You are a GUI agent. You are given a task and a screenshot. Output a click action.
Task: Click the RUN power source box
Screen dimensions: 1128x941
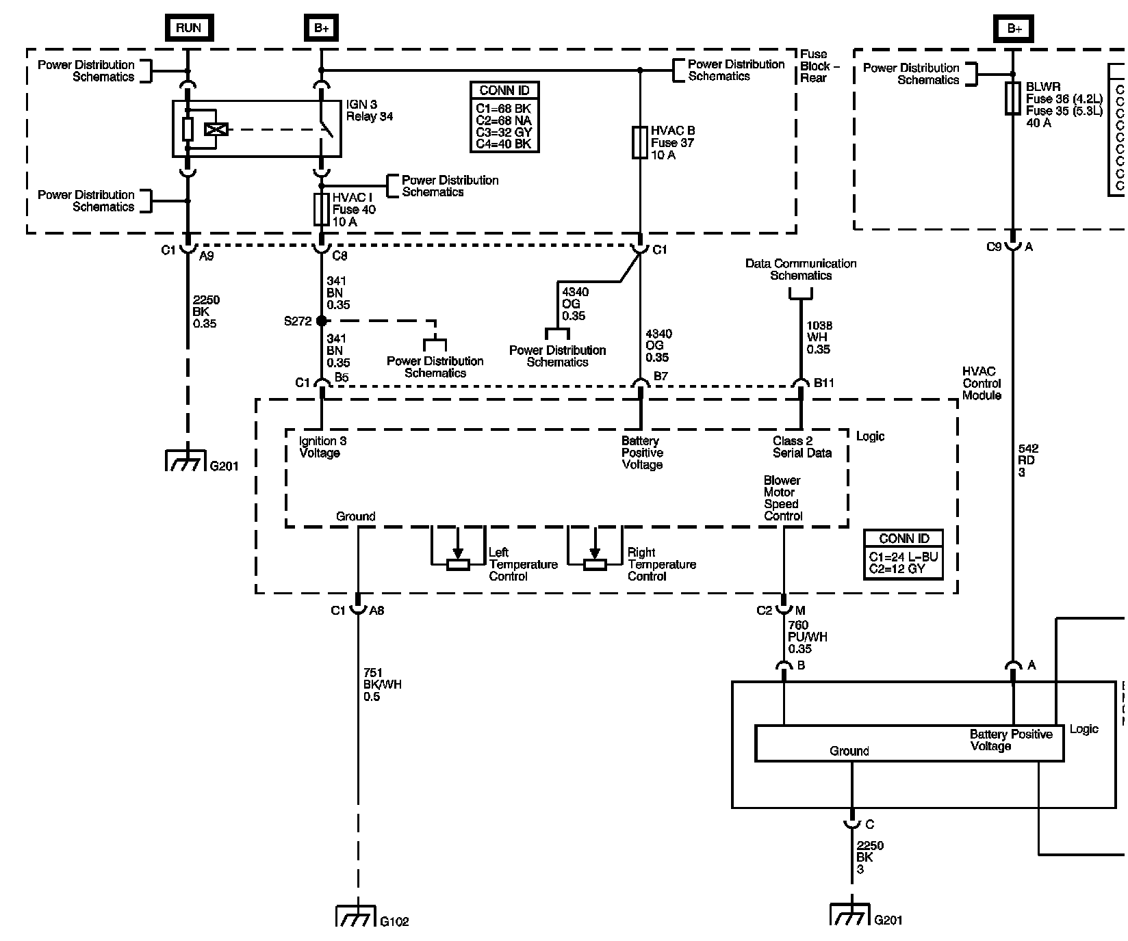(x=188, y=27)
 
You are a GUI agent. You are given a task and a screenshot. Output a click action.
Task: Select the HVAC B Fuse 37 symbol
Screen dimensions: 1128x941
(x=640, y=142)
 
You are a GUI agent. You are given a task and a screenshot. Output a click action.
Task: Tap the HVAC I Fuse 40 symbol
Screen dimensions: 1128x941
(x=321, y=209)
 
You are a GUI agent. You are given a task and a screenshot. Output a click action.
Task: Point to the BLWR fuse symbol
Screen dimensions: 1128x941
(x=1013, y=98)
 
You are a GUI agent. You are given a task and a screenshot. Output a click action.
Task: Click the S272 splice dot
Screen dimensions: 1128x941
(x=322, y=320)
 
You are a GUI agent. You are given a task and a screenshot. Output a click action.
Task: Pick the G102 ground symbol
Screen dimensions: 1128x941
(x=356, y=916)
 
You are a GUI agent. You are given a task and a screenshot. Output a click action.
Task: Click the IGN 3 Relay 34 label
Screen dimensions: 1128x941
(x=370, y=110)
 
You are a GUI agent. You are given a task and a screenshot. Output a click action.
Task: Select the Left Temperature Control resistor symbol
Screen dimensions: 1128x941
(x=458, y=564)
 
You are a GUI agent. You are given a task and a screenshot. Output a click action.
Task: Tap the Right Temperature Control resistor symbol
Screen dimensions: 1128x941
(x=595, y=564)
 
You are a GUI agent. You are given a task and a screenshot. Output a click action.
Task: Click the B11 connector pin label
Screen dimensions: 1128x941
(x=823, y=383)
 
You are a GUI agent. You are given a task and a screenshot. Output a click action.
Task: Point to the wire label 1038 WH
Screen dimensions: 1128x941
(x=818, y=338)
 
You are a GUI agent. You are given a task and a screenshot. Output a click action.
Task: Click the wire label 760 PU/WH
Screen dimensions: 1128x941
(x=807, y=637)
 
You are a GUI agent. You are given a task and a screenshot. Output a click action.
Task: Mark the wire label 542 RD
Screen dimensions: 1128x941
(x=1027, y=460)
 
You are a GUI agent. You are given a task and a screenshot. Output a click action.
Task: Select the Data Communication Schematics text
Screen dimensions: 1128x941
(x=801, y=269)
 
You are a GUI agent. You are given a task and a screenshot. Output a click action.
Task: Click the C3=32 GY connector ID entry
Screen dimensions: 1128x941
(x=504, y=132)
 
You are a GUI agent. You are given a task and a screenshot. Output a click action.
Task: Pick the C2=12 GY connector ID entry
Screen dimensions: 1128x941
(x=897, y=569)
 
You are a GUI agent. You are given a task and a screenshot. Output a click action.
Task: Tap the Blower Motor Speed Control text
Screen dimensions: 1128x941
(x=783, y=499)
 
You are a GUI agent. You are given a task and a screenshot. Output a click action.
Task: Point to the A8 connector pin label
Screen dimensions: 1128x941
(x=376, y=611)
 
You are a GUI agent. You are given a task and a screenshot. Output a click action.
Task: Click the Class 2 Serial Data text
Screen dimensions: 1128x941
(x=802, y=447)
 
